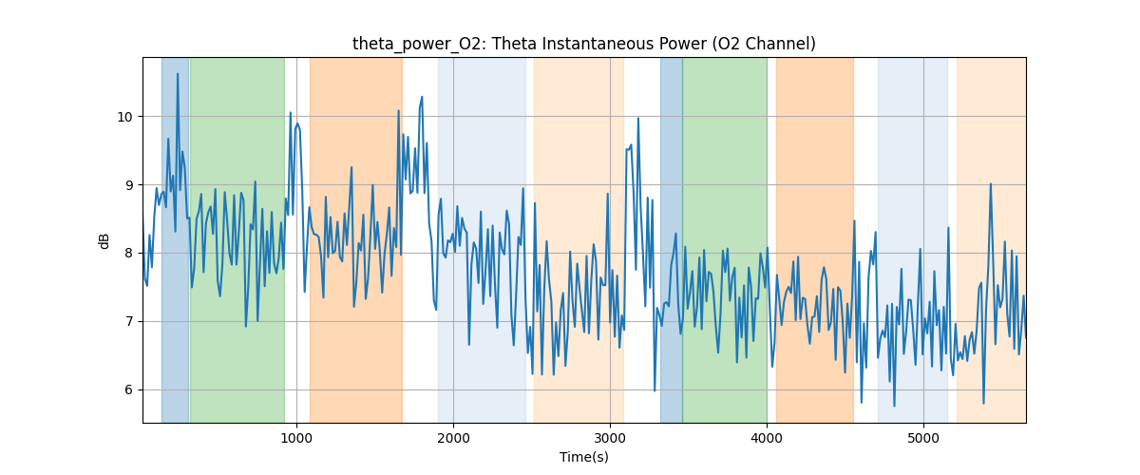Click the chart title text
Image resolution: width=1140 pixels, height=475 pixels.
pyautogui.click(x=583, y=44)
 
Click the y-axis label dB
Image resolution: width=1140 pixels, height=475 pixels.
pyautogui.click(x=104, y=240)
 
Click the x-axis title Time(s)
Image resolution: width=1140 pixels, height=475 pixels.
pyautogui.click(x=583, y=457)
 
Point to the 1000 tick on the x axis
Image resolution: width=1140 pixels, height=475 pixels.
pyautogui.click(x=296, y=438)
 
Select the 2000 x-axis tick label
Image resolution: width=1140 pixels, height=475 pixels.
pyautogui.click(x=453, y=438)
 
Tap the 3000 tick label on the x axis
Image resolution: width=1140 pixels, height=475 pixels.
pyautogui.click(x=610, y=438)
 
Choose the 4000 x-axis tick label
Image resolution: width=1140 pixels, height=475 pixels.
pyautogui.click(x=767, y=438)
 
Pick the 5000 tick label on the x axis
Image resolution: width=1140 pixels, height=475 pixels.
pyautogui.click(x=923, y=438)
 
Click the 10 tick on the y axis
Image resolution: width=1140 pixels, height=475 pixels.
pyautogui.click(x=125, y=117)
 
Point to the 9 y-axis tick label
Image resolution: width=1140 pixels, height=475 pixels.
pyautogui.click(x=129, y=185)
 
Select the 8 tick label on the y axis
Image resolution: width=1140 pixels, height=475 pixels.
pyautogui.click(x=129, y=253)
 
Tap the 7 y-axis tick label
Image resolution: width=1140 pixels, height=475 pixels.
pyautogui.click(x=129, y=321)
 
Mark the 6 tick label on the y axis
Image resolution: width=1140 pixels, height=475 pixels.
pyautogui.click(x=129, y=389)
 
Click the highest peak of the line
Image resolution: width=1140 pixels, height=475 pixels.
pyautogui.click(x=177, y=74)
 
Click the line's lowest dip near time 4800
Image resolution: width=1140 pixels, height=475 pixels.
pyautogui.click(x=894, y=406)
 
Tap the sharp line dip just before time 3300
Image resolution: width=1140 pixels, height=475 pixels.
pyautogui.click(x=655, y=390)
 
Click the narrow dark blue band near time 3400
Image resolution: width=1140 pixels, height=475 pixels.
pyautogui.click(x=671, y=237)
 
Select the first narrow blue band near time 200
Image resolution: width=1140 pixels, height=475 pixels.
pyautogui.click(x=175, y=237)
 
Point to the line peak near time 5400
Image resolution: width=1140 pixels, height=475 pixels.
pyautogui.click(x=990, y=184)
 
